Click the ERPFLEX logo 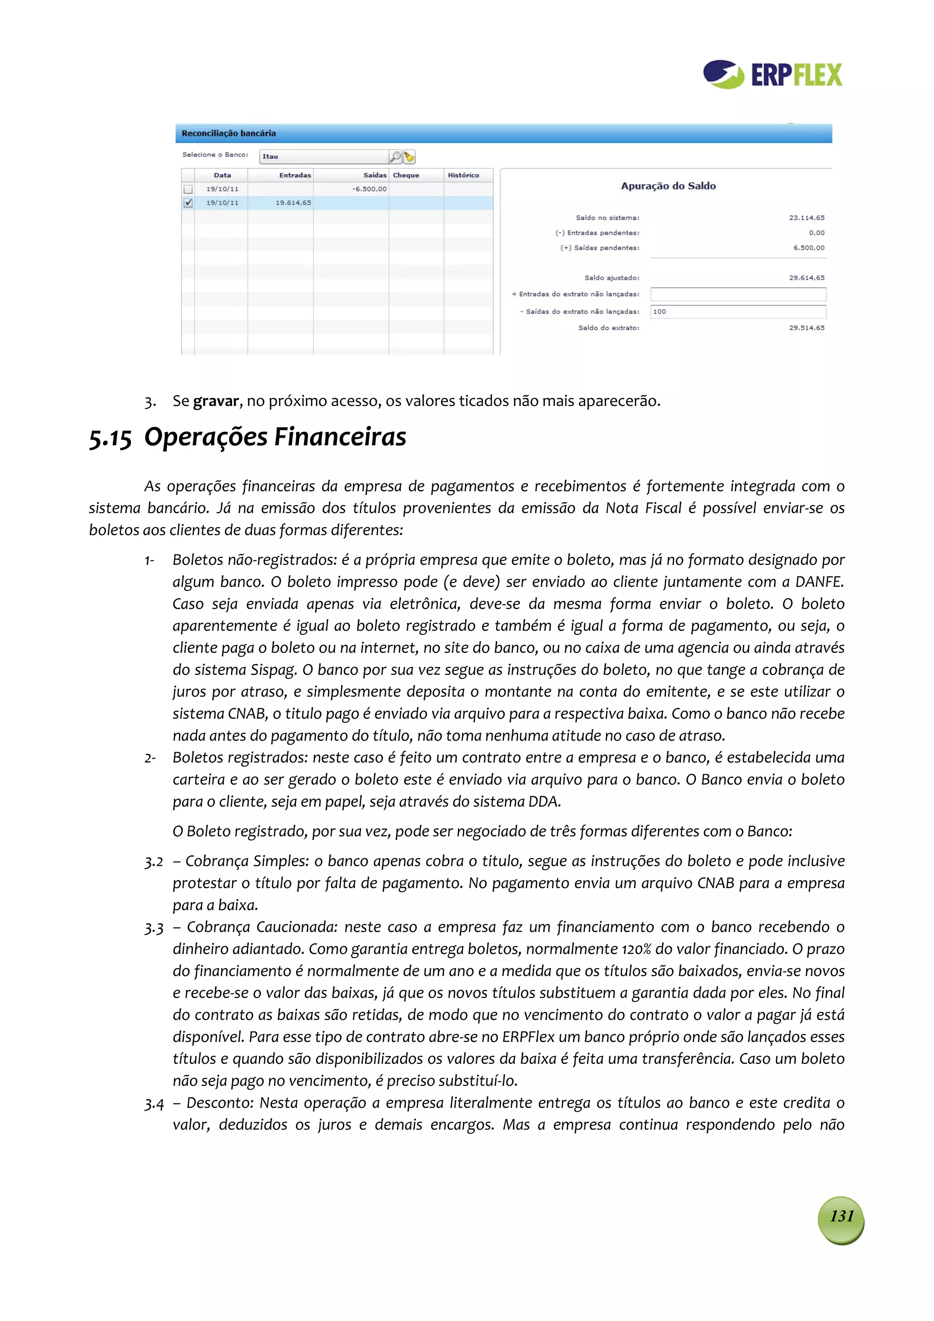[772, 74]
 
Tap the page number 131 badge [841, 1216]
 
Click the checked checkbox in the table [187, 202]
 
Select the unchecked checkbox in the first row [187, 189]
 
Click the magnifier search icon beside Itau [395, 156]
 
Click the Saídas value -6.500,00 [369, 189]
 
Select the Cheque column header [406, 175]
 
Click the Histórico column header [463, 175]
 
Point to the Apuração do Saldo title [668, 186]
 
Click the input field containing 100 [738, 311]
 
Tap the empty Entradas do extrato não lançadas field [738, 294]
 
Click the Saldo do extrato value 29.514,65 [806, 327]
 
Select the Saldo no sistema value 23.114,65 [806, 218]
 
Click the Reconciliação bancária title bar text [228, 133]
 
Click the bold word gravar [216, 400]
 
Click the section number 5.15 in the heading [110, 438]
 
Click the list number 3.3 [154, 927]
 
